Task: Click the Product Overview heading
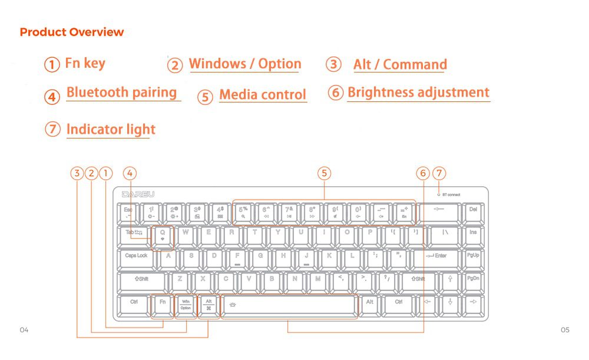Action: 72,32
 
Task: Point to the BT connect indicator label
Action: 451,194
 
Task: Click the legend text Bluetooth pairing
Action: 121,93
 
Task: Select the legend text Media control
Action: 263,95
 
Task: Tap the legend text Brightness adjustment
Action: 418,93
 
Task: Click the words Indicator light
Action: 111,130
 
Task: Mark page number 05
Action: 565,330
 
